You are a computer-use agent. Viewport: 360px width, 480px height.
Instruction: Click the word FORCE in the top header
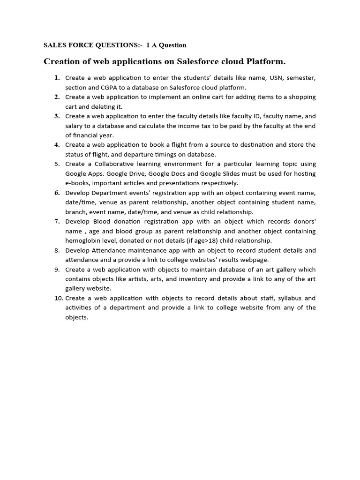(x=80, y=45)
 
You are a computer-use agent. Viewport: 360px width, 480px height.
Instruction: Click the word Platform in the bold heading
(x=268, y=62)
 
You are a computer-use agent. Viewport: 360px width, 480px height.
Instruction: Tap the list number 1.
(x=57, y=78)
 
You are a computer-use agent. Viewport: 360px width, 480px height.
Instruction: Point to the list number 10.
(x=58, y=298)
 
